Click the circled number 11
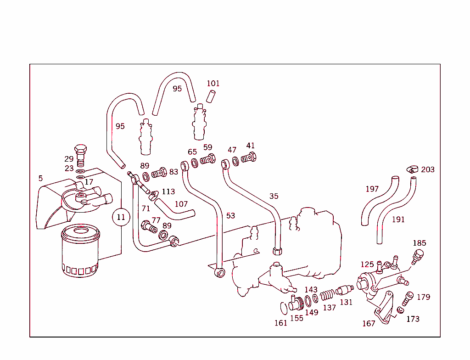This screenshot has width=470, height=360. (x=121, y=217)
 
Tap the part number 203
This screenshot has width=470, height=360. (x=428, y=169)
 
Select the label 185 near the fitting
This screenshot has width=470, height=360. (x=420, y=243)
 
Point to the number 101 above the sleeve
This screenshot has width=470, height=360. (x=213, y=84)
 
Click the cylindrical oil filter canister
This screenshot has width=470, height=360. (x=80, y=252)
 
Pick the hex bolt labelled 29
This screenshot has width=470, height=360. (x=80, y=152)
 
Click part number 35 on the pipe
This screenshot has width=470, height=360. (x=274, y=196)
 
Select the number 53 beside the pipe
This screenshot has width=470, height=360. (x=230, y=215)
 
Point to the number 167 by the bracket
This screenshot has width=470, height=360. (x=369, y=323)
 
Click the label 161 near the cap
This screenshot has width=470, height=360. (x=281, y=323)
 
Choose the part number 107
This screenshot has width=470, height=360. (x=181, y=203)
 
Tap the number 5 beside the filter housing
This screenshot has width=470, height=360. (x=40, y=178)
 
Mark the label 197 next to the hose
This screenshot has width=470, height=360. (x=372, y=189)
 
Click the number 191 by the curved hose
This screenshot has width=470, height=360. (x=398, y=219)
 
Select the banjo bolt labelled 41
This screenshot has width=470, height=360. (x=249, y=158)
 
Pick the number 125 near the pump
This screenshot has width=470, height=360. (x=367, y=264)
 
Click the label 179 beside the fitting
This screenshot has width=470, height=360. (x=424, y=297)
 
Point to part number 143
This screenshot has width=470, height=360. (x=311, y=289)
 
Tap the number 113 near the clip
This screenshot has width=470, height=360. (x=168, y=191)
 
